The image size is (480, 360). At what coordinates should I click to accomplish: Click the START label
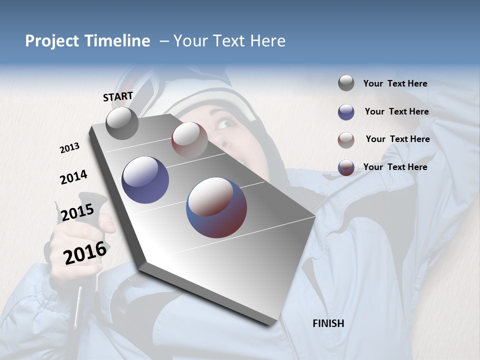coord(118,96)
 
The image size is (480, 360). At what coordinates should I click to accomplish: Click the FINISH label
coord(328,323)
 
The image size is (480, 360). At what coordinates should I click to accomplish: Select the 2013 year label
coord(70,148)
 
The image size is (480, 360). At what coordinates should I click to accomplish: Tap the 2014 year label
coord(73,177)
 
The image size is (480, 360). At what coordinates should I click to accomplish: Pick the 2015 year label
coord(77,212)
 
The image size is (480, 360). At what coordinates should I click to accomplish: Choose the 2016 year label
coord(85,252)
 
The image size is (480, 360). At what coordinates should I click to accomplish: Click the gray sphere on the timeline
coord(122,123)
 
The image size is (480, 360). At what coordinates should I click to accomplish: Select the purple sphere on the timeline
coord(145,180)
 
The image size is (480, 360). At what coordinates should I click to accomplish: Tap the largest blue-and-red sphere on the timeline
coord(216,207)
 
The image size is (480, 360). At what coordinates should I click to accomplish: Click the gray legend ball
coord(346,83)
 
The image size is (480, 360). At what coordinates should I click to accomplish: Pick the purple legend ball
coord(346,112)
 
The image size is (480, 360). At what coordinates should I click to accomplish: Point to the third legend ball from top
coord(346,140)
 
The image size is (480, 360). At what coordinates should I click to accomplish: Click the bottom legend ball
coord(346,167)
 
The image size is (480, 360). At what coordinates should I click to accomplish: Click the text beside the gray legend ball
coord(395,83)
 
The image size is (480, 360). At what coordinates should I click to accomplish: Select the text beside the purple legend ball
coord(396,111)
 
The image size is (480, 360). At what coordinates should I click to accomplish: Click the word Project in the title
coord(51,41)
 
